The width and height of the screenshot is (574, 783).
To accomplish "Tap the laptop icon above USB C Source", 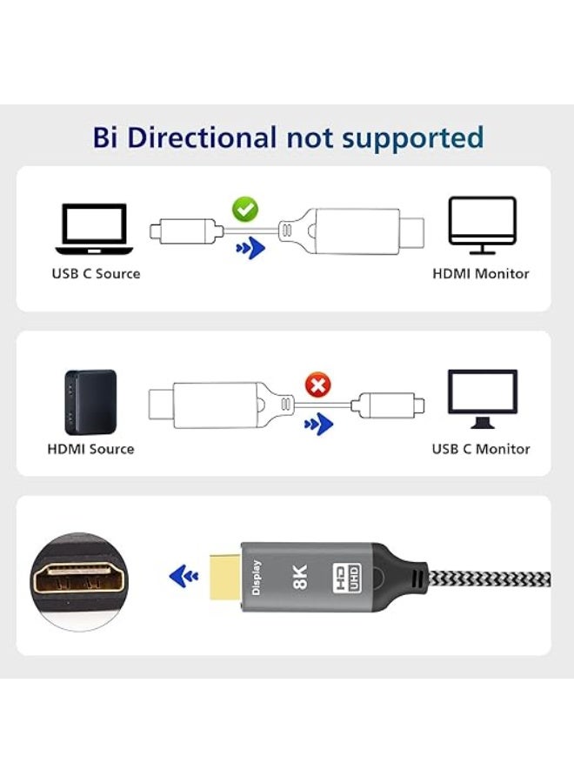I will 95,229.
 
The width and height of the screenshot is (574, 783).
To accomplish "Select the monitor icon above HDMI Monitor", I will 482,225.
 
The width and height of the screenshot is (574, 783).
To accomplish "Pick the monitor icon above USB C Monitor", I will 482,399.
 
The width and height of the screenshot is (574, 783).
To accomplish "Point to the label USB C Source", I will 96,274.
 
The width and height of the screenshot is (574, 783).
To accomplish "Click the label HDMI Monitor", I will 481,274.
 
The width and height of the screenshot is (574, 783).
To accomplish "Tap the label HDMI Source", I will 90,449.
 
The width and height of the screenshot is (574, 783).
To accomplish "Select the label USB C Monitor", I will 481,449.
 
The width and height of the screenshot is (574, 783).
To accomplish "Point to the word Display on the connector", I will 257,578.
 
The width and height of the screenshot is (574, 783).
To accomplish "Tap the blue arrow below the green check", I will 250,250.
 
